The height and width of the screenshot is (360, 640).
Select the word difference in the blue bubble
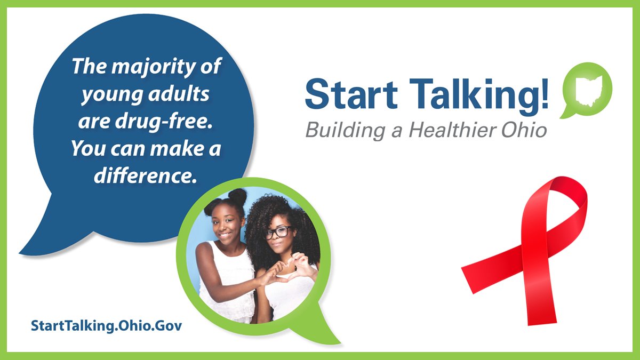coord(142,177)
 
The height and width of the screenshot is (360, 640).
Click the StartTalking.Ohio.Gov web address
coord(106,325)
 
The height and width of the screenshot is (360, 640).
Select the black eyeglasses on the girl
coord(278,233)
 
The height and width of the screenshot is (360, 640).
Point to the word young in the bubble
coord(103,95)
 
